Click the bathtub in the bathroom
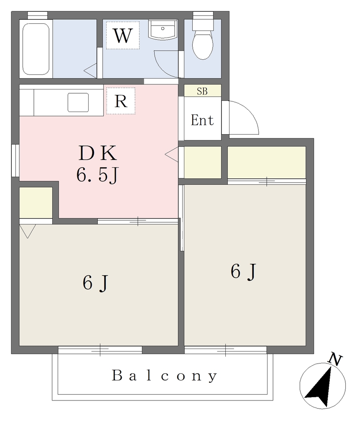[x=36, y=49]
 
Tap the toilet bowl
[x=203, y=45]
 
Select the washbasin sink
[x=163, y=30]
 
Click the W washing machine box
[x=122, y=36]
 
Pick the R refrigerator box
[x=121, y=101]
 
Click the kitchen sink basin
[x=78, y=102]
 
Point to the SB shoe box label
[x=202, y=91]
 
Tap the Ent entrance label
[x=202, y=120]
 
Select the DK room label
[x=97, y=153]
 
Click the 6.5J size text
[x=97, y=175]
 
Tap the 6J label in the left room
[x=96, y=283]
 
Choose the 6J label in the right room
[x=244, y=271]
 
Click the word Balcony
[x=165, y=376]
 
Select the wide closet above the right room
[x=267, y=162]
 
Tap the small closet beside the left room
[x=36, y=203]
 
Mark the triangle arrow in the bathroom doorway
[x=90, y=71]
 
